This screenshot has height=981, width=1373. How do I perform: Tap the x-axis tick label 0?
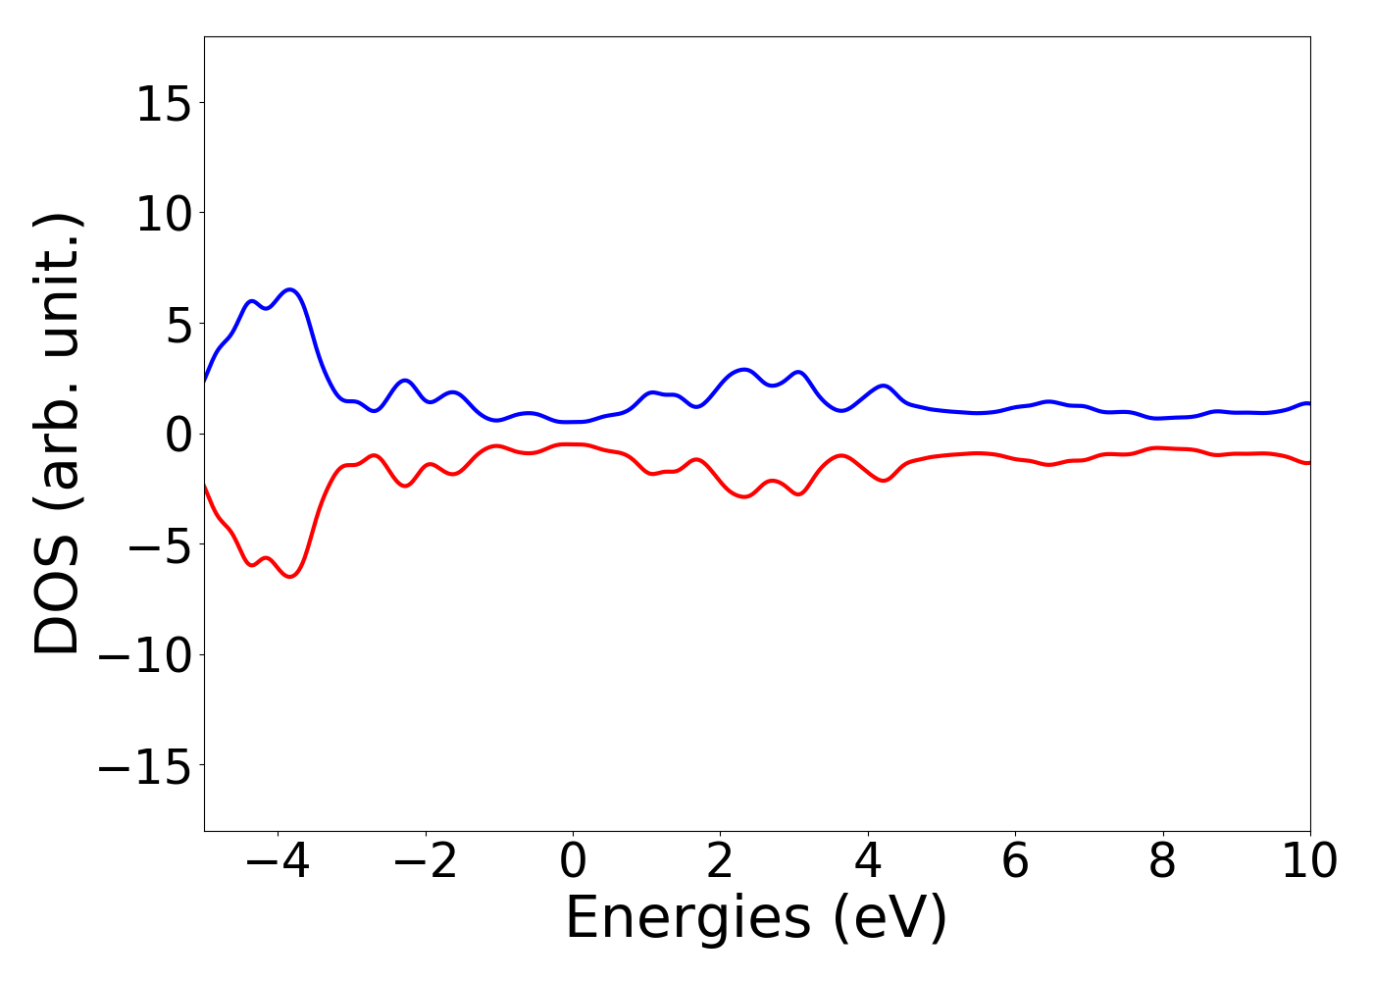[573, 861]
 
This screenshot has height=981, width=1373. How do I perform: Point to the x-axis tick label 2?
[720, 861]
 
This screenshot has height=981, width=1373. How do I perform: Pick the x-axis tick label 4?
[868, 861]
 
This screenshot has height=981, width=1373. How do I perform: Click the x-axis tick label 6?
[1015, 861]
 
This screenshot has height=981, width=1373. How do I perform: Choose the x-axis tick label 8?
[1162, 861]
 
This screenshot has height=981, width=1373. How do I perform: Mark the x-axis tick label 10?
[1309, 861]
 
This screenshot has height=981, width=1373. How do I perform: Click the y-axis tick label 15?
[163, 103]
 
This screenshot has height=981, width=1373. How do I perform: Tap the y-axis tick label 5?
[178, 324]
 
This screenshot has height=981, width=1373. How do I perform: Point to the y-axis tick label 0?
[178, 434]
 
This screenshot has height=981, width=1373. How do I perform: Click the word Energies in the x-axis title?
[687, 919]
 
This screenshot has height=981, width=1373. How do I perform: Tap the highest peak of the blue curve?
[290, 289]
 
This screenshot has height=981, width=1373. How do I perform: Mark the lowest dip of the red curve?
[290, 577]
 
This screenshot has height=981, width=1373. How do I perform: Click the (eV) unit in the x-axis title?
[890, 919]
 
